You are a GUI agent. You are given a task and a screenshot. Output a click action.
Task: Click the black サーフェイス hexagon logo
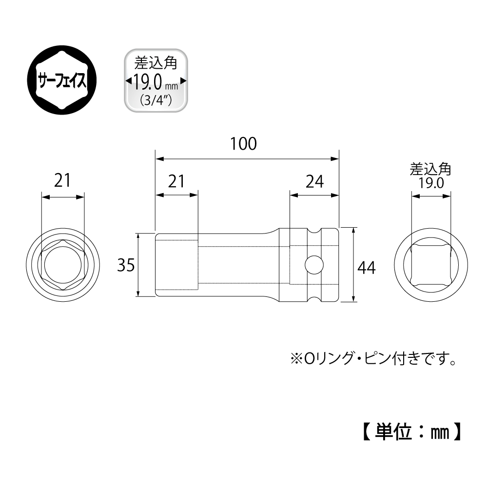(62, 79)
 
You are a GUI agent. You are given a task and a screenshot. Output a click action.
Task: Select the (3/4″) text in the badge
(156, 100)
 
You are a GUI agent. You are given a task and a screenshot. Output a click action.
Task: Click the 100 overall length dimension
(243, 144)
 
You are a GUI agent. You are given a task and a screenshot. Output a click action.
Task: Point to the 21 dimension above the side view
(176, 181)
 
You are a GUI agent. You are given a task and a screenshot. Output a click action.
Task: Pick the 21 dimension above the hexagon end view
(62, 180)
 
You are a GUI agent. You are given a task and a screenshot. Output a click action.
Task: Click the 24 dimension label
(314, 181)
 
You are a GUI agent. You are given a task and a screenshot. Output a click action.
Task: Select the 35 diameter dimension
(126, 265)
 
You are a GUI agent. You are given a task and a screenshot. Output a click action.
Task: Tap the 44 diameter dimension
(367, 268)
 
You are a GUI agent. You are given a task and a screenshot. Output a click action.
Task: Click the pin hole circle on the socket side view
(314, 265)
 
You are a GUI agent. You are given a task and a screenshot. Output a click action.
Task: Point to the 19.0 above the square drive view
(431, 183)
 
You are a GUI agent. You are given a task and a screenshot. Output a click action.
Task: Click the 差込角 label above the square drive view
(430, 170)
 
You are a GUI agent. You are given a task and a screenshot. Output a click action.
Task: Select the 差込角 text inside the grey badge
(156, 63)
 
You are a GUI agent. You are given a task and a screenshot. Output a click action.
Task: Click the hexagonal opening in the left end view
(62, 265)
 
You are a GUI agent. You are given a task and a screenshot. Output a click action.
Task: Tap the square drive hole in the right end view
(431, 265)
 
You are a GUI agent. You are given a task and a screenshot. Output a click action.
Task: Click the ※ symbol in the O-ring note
(296, 359)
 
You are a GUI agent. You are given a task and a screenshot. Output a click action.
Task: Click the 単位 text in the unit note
(393, 432)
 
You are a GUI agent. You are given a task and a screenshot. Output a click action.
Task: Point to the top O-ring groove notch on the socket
(314, 231)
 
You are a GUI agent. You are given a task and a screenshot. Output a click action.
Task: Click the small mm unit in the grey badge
(172, 86)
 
